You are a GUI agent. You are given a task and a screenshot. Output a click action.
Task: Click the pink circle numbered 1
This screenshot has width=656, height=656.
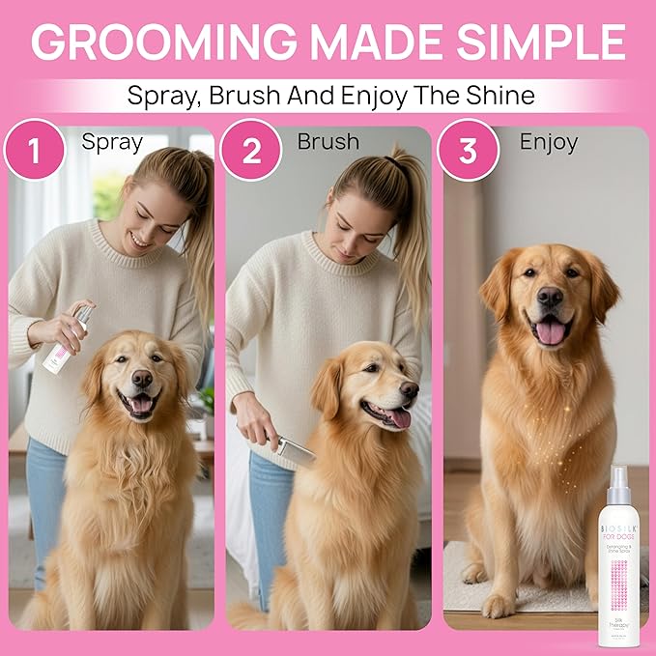(35, 150)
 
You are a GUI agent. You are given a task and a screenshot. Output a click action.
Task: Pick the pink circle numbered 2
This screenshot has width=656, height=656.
(250, 150)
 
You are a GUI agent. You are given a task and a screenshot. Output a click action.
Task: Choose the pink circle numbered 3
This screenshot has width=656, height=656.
(468, 150)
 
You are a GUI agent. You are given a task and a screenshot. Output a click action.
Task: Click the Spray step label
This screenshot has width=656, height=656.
(112, 142)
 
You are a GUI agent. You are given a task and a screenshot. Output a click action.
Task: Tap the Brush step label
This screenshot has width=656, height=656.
(328, 142)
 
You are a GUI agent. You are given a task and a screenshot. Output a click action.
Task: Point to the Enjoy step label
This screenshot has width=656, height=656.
(548, 142)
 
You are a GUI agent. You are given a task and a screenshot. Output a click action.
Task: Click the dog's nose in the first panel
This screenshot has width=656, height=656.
(142, 378)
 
